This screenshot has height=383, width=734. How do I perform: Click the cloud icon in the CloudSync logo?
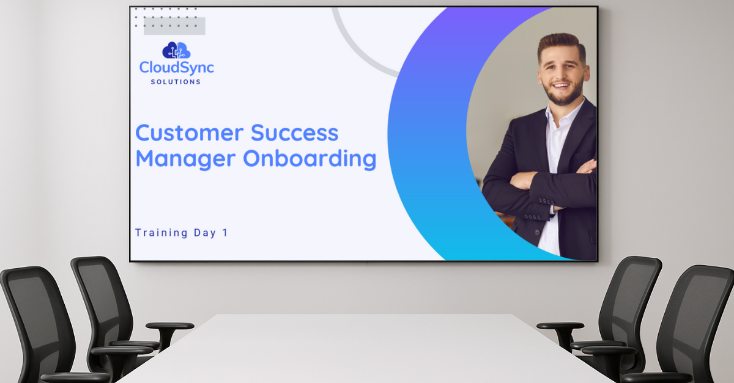[x=176, y=50]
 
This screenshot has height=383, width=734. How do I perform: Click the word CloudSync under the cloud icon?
[x=176, y=67]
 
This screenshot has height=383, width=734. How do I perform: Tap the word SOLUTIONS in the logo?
[x=176, y=82]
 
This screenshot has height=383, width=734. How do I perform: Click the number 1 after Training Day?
[x=225, y=233]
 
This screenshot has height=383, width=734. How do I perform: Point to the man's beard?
[x=564, y=97]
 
